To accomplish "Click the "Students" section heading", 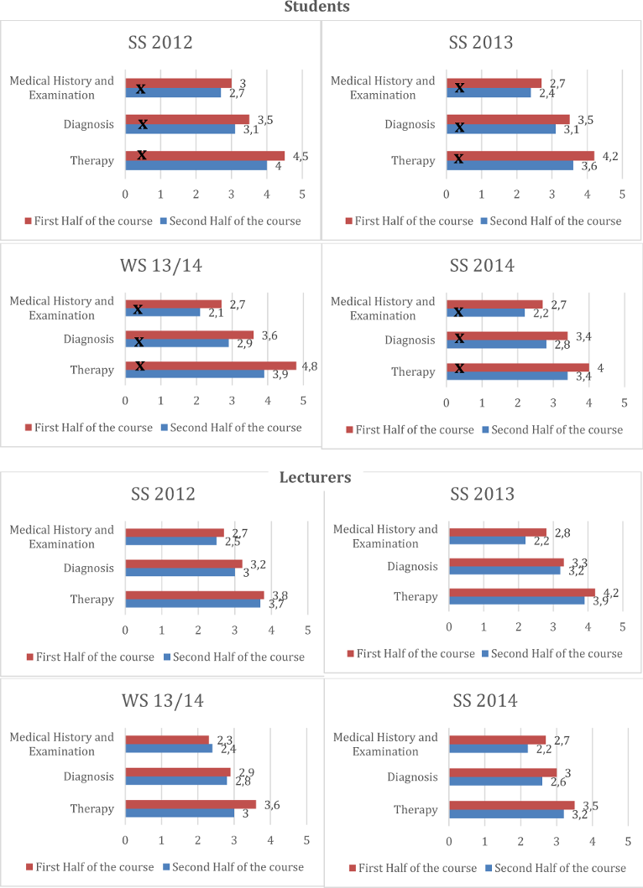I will [x=316, y=7].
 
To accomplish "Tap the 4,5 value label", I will [x=301, y=156].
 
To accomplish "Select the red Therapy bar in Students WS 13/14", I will [x=211, y=366].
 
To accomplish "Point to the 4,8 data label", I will [x=309, y=366].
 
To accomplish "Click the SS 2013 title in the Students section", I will [x=481, y=43].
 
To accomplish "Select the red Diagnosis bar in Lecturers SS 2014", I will [x=503, y=772].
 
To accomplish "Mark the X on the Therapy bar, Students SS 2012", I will [x=142, y=155].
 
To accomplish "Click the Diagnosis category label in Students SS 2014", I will [x=410, y=340].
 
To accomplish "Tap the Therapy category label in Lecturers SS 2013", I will [x=416, y=596].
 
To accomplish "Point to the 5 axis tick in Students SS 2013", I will [x=623, y=195].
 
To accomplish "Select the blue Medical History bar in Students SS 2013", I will [x=489, y=93].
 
